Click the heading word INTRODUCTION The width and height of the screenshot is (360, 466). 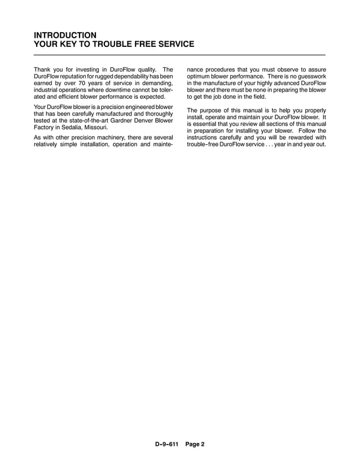click(x=65, y=35)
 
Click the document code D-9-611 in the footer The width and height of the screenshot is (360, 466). click(x=167, y=444)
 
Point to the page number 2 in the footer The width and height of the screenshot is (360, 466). click(x=202, y=444)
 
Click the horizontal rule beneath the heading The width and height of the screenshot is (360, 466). click(x=180, y=55)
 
